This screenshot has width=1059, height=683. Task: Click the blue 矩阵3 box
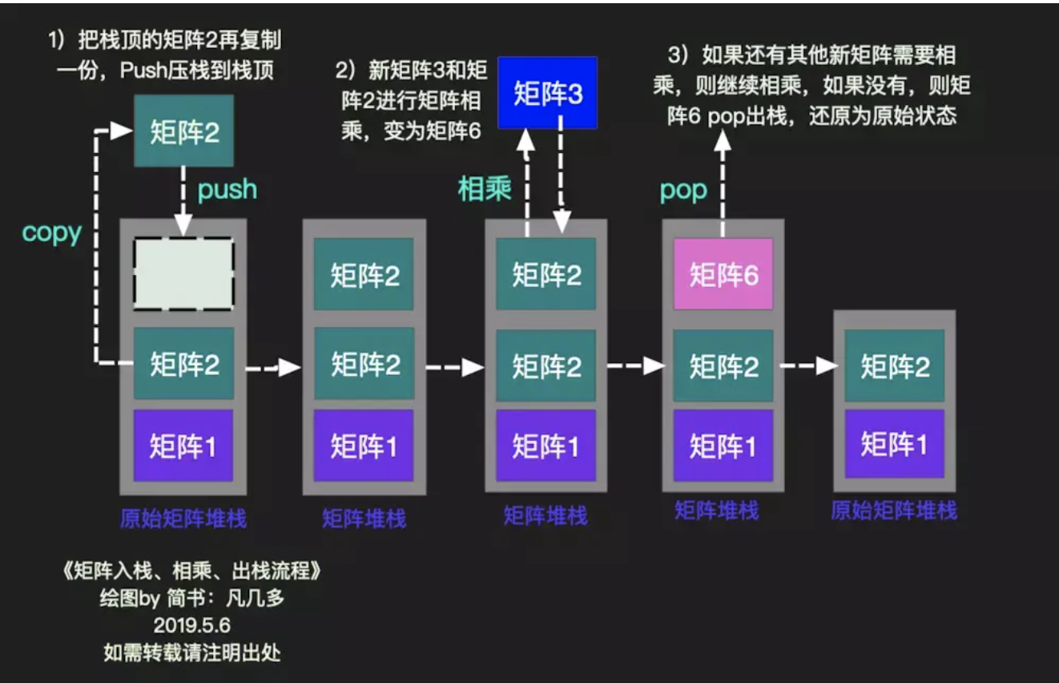[547, 93]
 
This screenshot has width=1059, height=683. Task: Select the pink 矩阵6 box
[723, 274]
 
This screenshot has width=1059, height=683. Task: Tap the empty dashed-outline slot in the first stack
[183, 274]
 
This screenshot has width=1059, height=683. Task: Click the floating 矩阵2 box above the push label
[183, 131]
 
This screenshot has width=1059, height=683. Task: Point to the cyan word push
[228, 189]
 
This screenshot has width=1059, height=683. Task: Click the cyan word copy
[52, 232]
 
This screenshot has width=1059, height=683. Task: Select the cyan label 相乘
[484, 190]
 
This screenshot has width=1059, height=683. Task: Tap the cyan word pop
[683, 190]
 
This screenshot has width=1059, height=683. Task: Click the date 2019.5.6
[191, 625]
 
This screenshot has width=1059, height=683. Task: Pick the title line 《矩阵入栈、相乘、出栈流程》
[191, 572]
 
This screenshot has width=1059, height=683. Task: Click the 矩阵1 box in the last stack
[895, 443]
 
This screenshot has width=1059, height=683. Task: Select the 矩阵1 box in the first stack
[183, 446]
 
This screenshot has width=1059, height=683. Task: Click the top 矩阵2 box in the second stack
[364, 275]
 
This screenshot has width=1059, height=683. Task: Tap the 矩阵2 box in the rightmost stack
[895, 366]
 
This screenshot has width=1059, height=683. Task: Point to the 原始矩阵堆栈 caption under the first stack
[183, 519]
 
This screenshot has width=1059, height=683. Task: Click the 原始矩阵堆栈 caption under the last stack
[894, 511]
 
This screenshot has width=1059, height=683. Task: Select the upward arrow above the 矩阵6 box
[723, 181]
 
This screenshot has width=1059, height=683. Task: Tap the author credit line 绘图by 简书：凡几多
[191, 599]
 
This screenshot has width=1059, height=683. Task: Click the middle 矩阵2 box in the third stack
[546, 366]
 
